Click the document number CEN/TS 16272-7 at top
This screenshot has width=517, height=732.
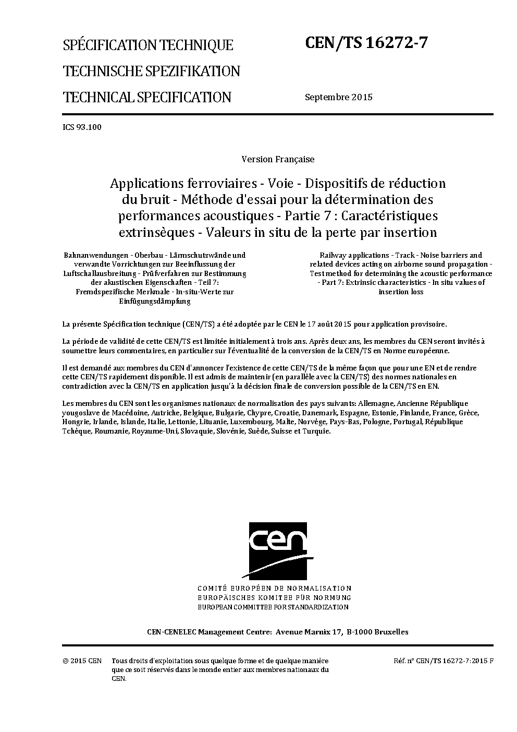tap(366, 43)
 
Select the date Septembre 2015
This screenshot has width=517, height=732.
tap(338, 97)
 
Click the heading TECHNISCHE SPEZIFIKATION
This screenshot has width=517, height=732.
tap(151, 71)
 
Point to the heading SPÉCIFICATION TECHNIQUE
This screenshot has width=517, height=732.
tap(148, 45)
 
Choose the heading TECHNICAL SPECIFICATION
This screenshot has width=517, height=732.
tap(146, 97)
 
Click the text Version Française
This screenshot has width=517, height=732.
tap(278, 159)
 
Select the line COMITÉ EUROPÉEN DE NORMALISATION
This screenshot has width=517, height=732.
tap(274, 588)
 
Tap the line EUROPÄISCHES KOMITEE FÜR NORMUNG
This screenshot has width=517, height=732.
tap(274, 597)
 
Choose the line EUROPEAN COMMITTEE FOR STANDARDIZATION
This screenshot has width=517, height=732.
tap(273, 607)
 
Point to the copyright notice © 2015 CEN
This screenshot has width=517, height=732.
tap(82, 661)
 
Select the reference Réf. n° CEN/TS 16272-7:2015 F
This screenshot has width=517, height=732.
tap(444, 661)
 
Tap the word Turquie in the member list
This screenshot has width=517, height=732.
tap(316, 431)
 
